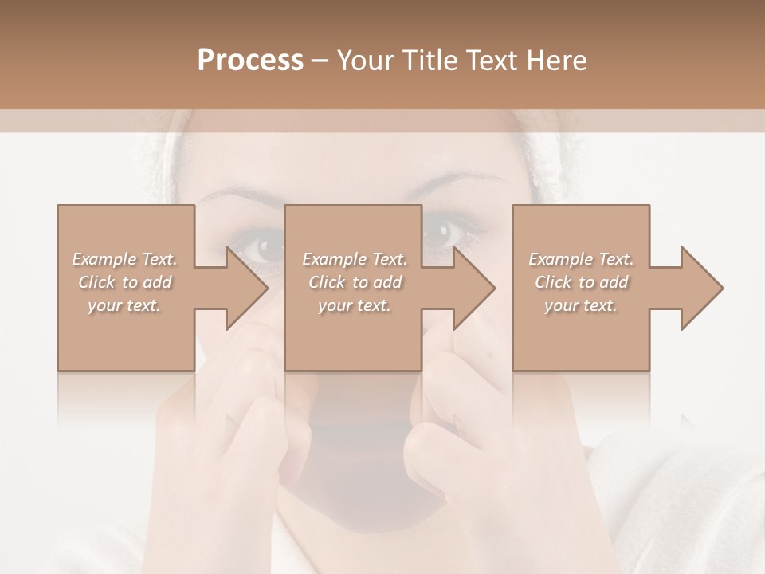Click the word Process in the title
tap(250, 61)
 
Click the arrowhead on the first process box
tap(247, 288)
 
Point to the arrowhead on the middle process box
tap(475, 288)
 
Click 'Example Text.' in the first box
tap(124, 259)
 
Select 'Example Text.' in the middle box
tap(355, 259)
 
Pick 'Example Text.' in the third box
tap(581, 259)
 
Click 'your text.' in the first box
tap(124, 305)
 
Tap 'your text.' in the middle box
tap(355, 305)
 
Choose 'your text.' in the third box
tap(581, 305)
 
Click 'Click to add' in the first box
tap(124, 282)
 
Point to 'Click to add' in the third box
tap(581, 282)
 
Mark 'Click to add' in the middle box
tap(355, 282)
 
